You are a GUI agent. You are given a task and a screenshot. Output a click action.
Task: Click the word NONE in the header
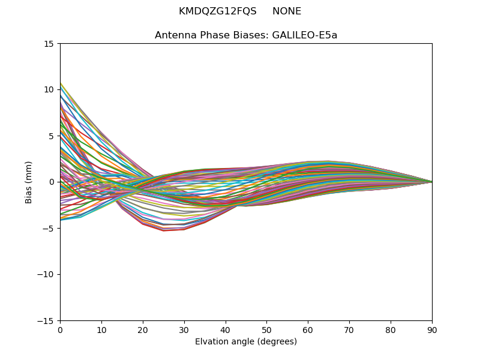click(287, 11)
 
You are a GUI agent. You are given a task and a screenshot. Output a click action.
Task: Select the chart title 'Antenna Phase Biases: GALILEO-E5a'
click(246, 35)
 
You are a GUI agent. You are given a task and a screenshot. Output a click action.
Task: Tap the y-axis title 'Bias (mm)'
click(29, 182)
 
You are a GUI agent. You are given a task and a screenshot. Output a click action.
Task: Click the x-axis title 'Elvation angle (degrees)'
click(246, 342)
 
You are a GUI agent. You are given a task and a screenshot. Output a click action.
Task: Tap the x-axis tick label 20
click(143, 329)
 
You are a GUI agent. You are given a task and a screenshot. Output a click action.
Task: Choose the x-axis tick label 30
click(184, 329)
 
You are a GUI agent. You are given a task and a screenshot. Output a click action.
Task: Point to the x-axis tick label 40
click(226, 329)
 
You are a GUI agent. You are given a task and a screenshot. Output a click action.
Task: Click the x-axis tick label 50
click(266, 329)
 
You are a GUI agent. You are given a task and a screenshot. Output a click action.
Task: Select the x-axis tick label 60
click(308, 329)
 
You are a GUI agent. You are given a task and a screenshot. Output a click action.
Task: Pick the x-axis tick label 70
click(349, 329)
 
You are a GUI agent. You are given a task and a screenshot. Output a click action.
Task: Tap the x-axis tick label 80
click(391, 329)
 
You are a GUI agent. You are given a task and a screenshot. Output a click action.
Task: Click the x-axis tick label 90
click(432, 329)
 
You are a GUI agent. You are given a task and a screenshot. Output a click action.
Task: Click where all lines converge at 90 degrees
click(431, 182)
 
